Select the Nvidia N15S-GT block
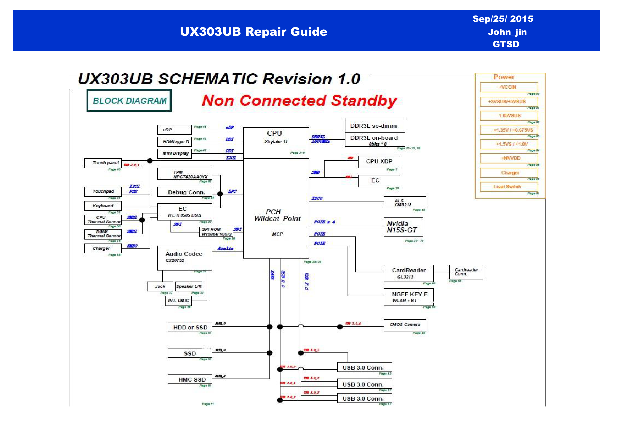403,227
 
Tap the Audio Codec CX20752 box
185,258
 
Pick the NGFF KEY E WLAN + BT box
409,297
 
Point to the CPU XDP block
379,162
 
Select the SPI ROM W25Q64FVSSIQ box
216,232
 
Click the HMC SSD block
190,379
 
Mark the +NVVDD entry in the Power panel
509,158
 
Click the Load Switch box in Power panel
509,187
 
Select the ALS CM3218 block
405,202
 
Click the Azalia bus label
225,248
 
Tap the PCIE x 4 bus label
324,222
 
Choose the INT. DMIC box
178,301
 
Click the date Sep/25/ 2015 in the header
503,19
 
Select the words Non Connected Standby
299,101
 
